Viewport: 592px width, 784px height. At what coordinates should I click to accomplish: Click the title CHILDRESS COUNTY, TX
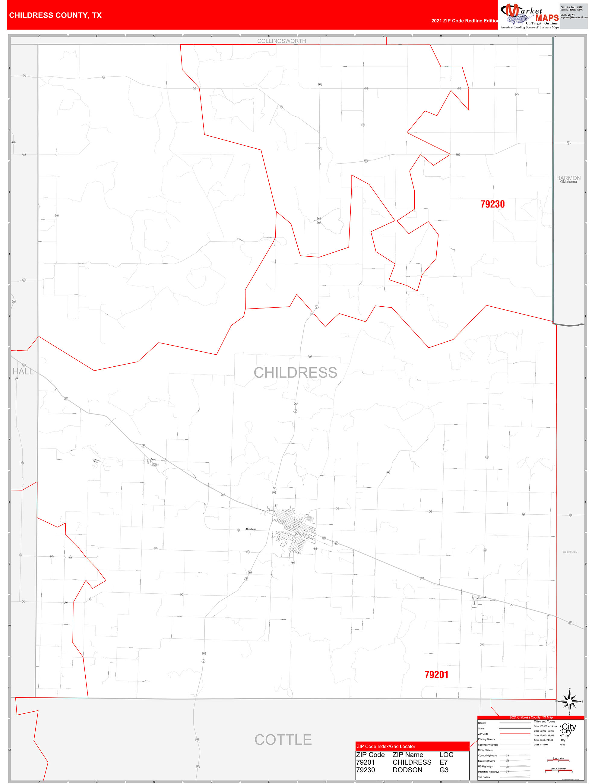click(55, 15)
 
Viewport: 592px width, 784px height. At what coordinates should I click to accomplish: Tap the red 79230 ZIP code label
click(492, 204)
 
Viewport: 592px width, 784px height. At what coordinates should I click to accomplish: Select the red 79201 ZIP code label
click(436, 675)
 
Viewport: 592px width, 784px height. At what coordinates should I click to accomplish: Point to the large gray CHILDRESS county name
click(295, 372)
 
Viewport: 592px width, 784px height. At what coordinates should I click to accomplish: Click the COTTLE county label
click(283, 739)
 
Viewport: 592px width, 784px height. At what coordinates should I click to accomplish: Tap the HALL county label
click(23, 371)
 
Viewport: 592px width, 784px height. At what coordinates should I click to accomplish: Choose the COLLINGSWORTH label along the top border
click(281, 41)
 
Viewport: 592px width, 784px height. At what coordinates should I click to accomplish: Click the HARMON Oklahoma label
click(568, 179)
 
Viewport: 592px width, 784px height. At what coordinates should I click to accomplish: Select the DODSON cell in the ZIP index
click(407, 770)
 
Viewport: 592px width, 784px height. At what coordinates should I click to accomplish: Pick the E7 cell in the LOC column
click(443, 762)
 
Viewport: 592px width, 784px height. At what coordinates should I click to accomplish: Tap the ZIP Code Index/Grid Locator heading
click(386, 746)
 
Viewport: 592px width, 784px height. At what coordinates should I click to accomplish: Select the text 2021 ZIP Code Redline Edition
click(464, 21)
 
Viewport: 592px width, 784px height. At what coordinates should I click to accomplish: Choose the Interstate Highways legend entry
click(488, 772)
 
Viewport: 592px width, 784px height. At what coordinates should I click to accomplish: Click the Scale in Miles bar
click(558, 760)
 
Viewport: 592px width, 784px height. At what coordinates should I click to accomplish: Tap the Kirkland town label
click(482, 597)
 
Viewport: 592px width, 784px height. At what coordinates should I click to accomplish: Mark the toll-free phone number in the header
click(571, 8)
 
